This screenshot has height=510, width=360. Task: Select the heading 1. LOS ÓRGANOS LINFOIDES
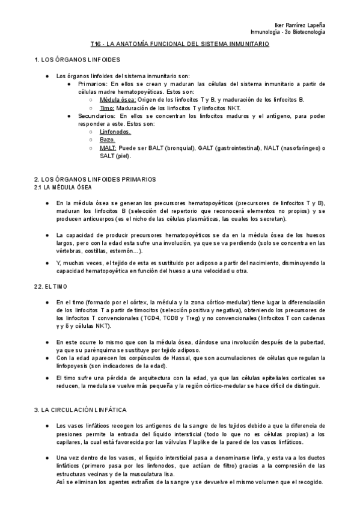click(x=78, y=61)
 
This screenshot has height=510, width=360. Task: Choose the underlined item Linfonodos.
click(x=116, y=131)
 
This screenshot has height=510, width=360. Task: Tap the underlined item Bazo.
click(x=108, y=139)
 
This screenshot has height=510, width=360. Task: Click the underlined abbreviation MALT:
click(x=109, y=147)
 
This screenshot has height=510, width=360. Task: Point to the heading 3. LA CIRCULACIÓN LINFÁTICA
click(x=80, y=410)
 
